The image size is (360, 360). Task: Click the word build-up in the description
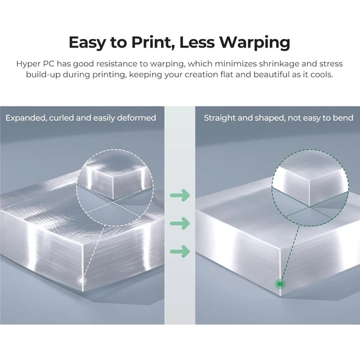point(43,75)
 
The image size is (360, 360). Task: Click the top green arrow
point(180,195)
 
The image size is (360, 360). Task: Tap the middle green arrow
point(180,223)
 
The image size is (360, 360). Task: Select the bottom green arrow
point(180,251)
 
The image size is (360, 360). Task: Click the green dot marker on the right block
point(280,284)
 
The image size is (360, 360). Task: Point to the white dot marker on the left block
point(81,280)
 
